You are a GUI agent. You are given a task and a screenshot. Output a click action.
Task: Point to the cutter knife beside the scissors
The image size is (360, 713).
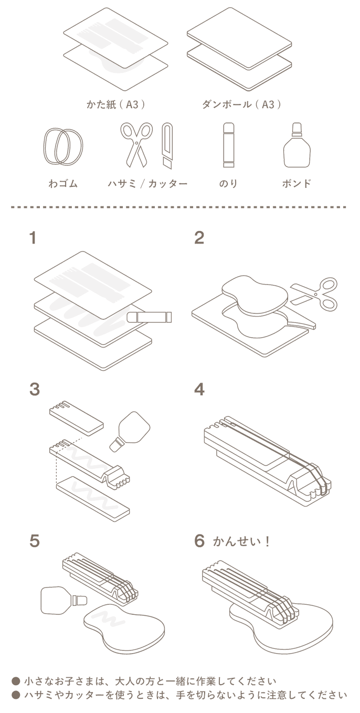click(x=167, y=146)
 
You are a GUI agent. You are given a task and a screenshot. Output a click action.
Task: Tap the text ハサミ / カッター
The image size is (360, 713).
click(x=147, y=184)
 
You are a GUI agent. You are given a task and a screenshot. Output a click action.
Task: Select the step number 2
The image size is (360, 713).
click(x=199, y=238)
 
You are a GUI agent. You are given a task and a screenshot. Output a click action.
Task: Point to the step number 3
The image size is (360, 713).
click(x=35, y=390)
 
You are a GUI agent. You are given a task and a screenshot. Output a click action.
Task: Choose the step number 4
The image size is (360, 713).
click(x=199, y=390)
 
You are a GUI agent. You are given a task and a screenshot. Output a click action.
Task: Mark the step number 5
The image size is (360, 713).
click(x=35, y=541)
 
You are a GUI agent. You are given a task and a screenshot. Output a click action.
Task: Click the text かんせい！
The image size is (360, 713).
click(x=241, y=542)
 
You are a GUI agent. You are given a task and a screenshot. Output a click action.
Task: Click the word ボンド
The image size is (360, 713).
click(x=297, y=184)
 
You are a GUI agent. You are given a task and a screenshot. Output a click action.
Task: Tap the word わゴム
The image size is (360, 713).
click(x=63, y=184)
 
